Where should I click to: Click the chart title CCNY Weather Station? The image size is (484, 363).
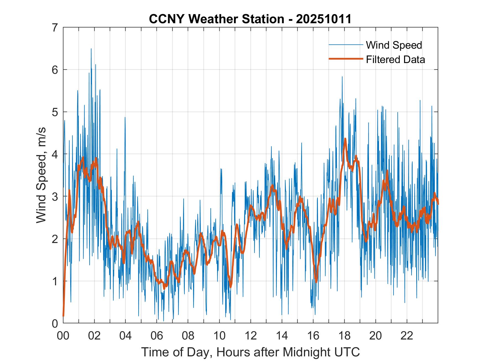point(217,19)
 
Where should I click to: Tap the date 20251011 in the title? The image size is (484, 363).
point(324,19)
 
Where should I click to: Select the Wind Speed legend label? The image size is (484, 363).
point(394,45)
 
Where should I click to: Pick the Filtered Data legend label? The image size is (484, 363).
point(395,59)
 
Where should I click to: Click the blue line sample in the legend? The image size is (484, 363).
point(345,45)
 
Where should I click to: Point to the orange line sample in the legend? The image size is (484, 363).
point(345,59)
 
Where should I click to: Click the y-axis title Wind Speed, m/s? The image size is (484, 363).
point(41,175)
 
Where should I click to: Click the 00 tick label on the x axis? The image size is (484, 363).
point(63,336)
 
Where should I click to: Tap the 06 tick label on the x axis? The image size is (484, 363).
point(157,336)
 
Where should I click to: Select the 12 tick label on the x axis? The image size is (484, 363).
point(251,336)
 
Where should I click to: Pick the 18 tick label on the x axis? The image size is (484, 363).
point(344,336)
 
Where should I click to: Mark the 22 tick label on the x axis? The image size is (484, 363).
point(407,336)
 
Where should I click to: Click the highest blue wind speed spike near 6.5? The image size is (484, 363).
point(91,49)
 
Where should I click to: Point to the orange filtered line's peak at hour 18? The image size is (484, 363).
point(345,139)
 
